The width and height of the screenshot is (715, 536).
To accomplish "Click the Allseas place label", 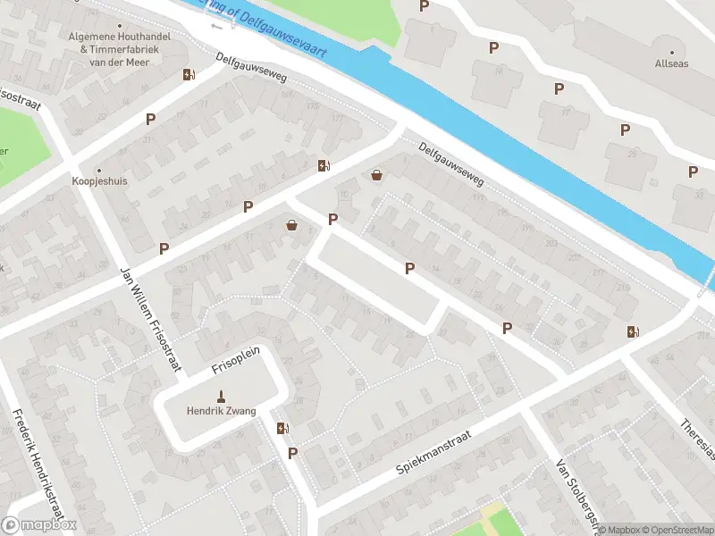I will click(671, 64).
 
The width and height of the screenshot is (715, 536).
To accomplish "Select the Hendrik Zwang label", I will click(221, 411).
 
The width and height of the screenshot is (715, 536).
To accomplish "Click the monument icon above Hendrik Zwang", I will click(221, 396).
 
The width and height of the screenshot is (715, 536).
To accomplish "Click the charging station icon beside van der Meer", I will click(188, 75).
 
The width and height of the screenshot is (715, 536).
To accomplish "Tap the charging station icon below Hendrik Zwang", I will click(283, 428).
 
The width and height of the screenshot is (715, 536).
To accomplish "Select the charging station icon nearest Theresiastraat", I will click(634, 331).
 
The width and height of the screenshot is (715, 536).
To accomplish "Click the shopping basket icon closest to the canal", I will click(377, 175).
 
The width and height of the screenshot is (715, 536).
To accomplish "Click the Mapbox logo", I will click(39, 525).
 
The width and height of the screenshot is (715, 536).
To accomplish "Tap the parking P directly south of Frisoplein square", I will click(292, 454).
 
